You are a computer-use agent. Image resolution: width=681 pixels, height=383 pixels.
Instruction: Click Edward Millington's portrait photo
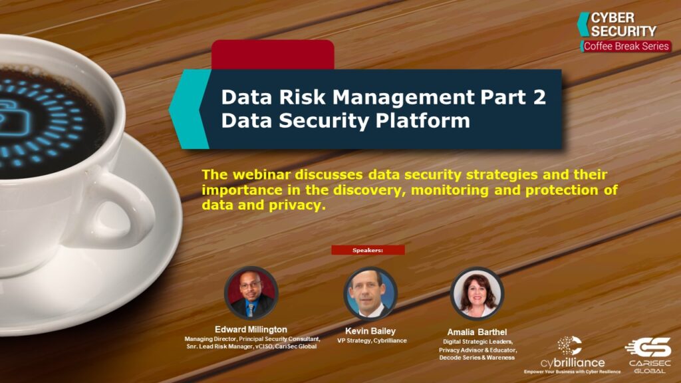tap(251, 294)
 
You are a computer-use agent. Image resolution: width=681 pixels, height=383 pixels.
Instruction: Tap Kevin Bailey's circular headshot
tap(370, 294)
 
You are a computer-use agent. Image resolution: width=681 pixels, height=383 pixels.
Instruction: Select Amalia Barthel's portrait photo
tap(477, 294)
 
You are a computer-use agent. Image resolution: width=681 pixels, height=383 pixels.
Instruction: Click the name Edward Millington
tap(251, 329)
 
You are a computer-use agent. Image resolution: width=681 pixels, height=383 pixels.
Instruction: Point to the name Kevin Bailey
tap(371, 330)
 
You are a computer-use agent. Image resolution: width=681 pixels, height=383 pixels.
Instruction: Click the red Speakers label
tap(368, 250)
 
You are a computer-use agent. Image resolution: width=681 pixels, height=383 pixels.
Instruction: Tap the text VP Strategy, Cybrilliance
tap(371, 340)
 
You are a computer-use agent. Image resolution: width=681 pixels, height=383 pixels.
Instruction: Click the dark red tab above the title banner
tap(273, 54)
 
